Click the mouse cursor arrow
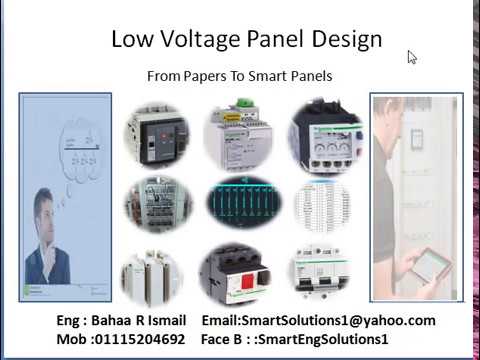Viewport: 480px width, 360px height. (411, 57)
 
